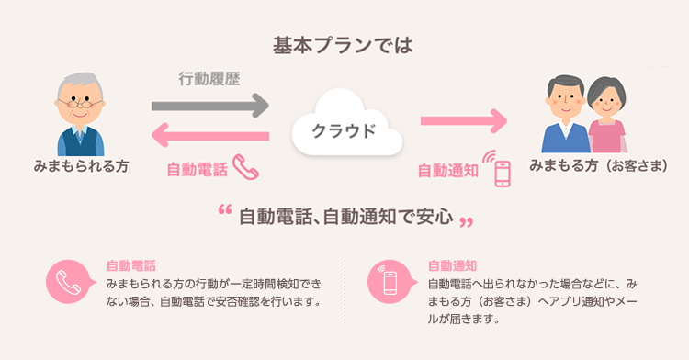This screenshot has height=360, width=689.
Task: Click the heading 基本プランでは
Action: coord(344,44)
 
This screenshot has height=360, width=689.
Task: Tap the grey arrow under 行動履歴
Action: coord(210,105)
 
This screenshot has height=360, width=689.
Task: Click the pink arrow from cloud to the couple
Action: coord(464,120)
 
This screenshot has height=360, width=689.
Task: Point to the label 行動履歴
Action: coord(209,79)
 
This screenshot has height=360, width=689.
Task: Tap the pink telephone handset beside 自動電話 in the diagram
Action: coord(246,167)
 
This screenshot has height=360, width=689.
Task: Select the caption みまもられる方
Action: coord(81,167)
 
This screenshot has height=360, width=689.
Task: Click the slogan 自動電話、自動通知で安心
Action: coord(346,219)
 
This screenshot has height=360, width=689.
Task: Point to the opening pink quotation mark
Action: coord(223,212)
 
